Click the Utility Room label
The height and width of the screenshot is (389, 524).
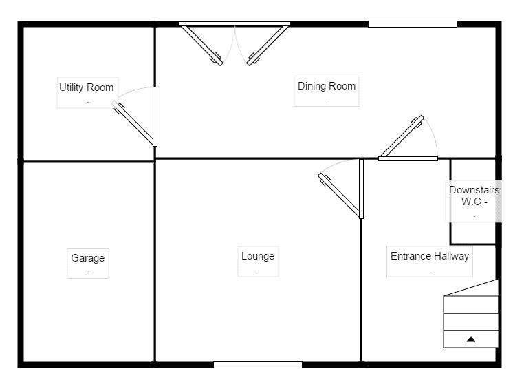86,87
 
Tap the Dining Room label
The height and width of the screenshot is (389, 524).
327,86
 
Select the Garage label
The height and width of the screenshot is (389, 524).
88,258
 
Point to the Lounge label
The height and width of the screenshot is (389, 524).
258,256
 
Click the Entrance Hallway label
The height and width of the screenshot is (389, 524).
430,256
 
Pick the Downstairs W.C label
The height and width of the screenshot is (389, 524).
474,196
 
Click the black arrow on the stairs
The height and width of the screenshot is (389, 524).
471,339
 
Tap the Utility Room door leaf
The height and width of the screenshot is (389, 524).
133,123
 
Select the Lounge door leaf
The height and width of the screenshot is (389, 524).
340,196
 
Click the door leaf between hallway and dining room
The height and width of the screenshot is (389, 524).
402,136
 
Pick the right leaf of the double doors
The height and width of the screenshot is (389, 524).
268,45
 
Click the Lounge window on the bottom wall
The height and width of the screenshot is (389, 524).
258,365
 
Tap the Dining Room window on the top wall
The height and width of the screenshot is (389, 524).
413,24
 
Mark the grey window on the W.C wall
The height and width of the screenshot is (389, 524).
499,200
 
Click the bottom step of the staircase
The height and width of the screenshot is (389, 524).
470,339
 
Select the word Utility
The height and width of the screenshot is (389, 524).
72,87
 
